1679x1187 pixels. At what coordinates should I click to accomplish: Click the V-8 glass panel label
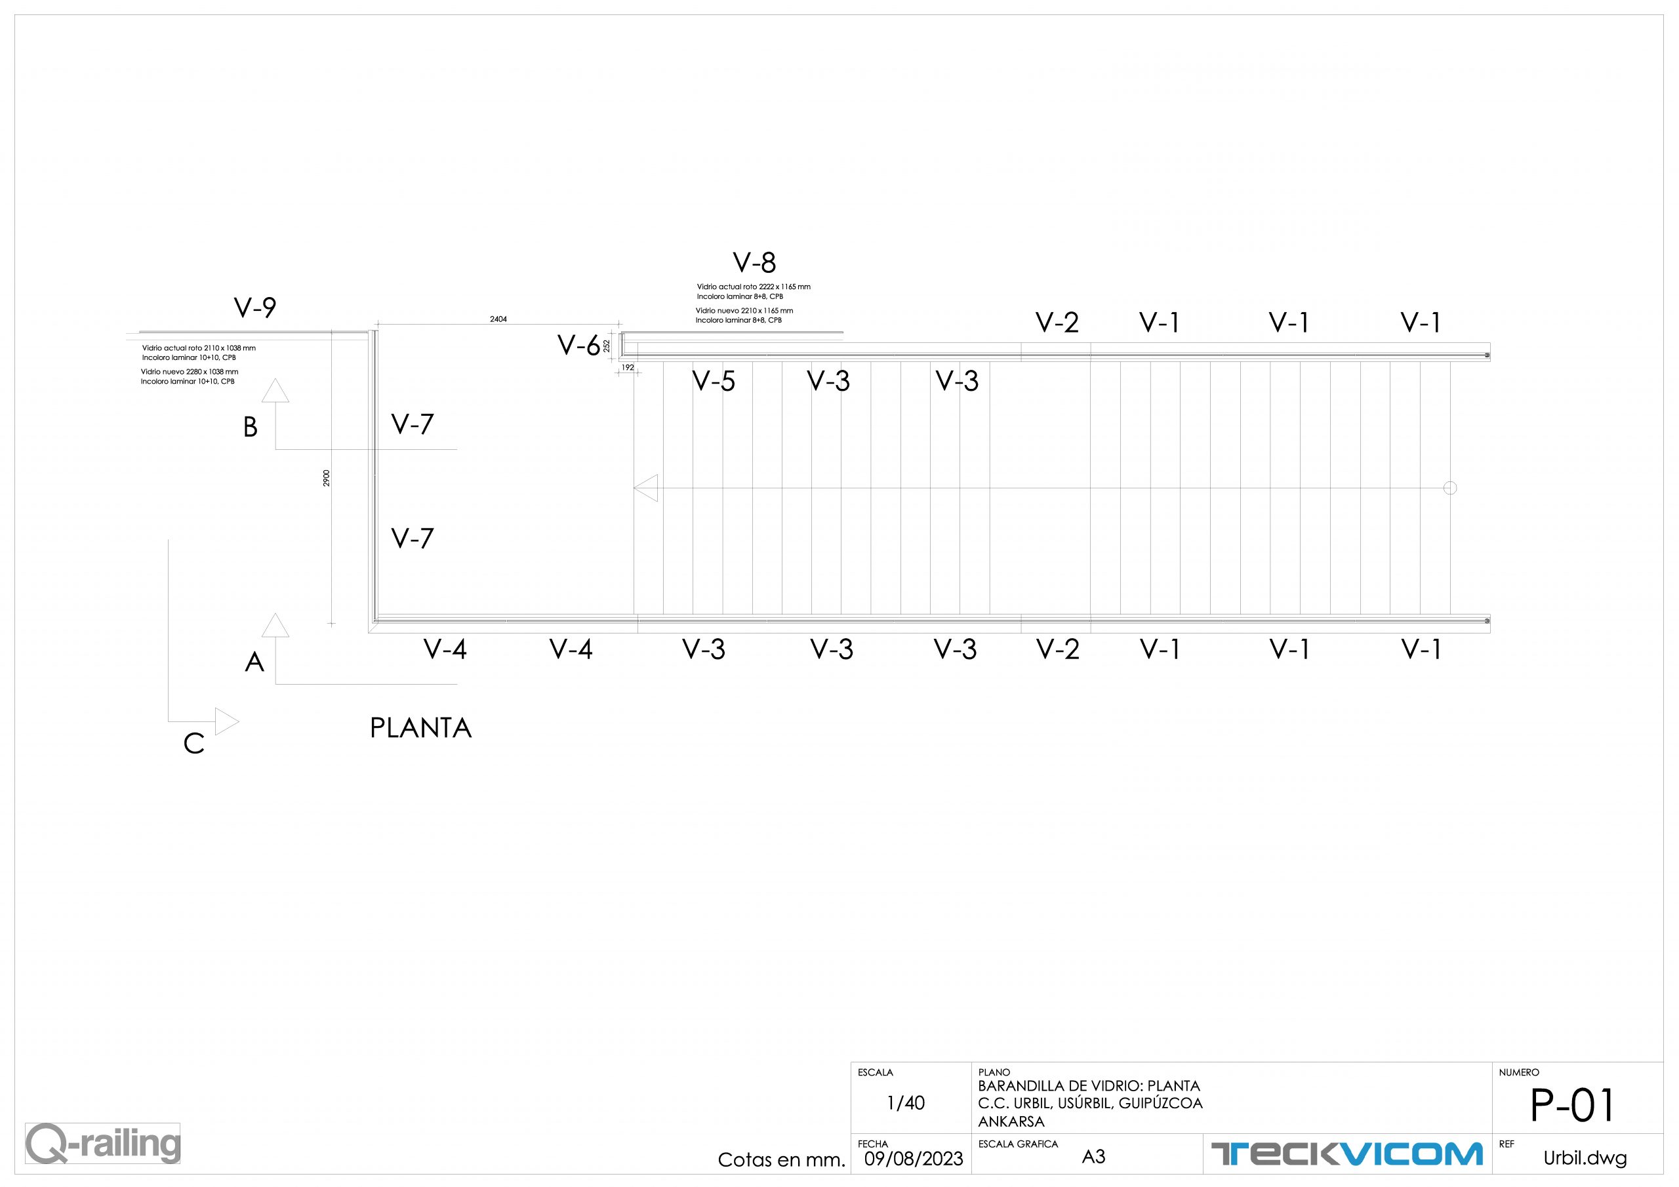[x=754, y=262]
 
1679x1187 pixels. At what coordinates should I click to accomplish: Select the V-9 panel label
[x=254, y=308]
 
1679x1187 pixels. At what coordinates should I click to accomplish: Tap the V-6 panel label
[x=578, y=345]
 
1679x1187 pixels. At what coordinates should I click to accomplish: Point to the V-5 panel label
[x=713, y=381]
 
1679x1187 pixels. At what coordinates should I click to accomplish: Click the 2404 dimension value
[x=498, y=319]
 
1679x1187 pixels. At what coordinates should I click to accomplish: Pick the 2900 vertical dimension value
[x=327, y=478]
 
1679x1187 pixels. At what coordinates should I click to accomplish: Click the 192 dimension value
[x=628, y=368]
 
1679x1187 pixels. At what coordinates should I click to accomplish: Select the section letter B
[x=250, y=428]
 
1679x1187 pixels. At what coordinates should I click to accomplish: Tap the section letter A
[x=254, y=662]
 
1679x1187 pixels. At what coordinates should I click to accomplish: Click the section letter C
[x=193, y=744]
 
